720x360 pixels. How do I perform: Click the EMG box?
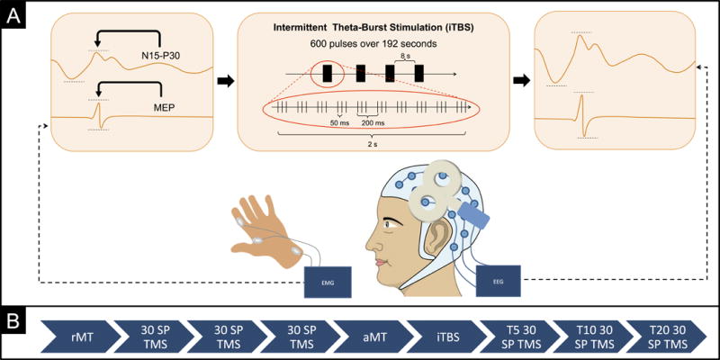[x=328, y=282]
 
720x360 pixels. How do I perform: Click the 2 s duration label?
[x=373, y=143]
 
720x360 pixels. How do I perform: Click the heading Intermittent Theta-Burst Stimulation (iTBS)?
[x=373, y=24]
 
